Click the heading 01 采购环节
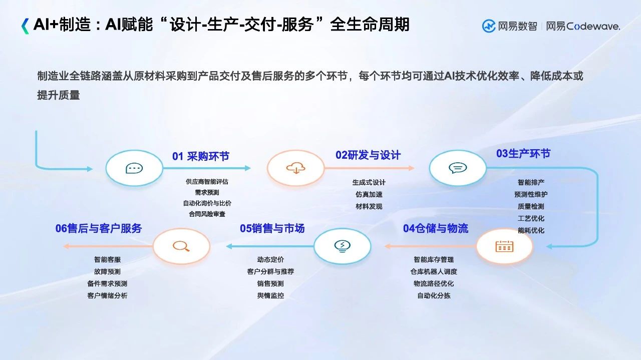pyautogui.click(x=201, y=156)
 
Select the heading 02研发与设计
pyautogui.click(x=368, y=155)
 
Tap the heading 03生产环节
pyautogui.click(x=523, y=154)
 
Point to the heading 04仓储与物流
pyautogui.click(x=436, y=228)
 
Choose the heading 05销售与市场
pyautogui.click(x=272, y=228)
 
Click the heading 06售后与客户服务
pyautogui.click(x=99, y=228)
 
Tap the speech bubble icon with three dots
pyautogui.click(x=134, y=168)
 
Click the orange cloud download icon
pyautogui.click(x=296, y=168)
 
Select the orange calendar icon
pyautogui.click(x=504, y=246)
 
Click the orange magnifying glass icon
pyautogui.click(x=181, y=246)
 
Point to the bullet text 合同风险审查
pyautogui.click(x=207, y=214)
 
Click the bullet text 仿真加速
pyautogui.click(x=369, y=195)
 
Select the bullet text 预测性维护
pyautogui.click(x=531, y=195)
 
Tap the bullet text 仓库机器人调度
pyautogui.click(x=434, y=271)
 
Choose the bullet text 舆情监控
pyautogui.click(x=270, y=295)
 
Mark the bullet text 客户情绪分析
pyautogui.click(x=107, y=295)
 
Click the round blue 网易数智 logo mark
pyautogui.click(x=489, y=27)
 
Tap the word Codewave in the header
pyautogui.click(x=593, y=27)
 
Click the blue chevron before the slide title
pyautogui.click(x=25, y=26)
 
